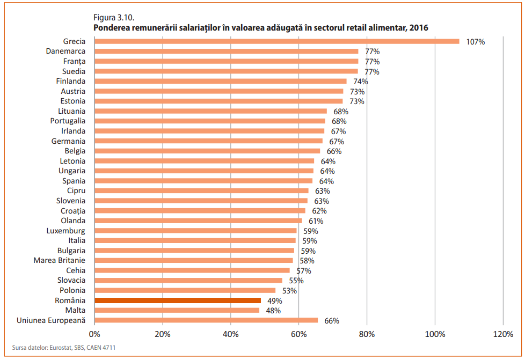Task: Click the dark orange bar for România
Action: pos(178,300)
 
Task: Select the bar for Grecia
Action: pos(276,41)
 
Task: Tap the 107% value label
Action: pos(476,42)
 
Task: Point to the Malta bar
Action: pos(177,311)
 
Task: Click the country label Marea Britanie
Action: pos(59,260)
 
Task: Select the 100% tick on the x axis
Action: pos(435,334)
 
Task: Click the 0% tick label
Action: pos(94,334)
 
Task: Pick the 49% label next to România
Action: pos(274,301)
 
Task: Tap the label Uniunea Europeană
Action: pos(52,320)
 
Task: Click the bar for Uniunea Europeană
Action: pos(206,320)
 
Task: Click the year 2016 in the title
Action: pos(418,27)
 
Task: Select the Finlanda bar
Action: pos(220,81)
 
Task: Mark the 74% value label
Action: pos(360,82)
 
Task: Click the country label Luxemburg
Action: pos(66,231)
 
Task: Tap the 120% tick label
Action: pos(502,334)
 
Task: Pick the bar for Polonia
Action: pos(185,290)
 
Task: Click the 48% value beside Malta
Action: pos(273,311)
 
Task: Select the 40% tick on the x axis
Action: pos(230,334)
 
